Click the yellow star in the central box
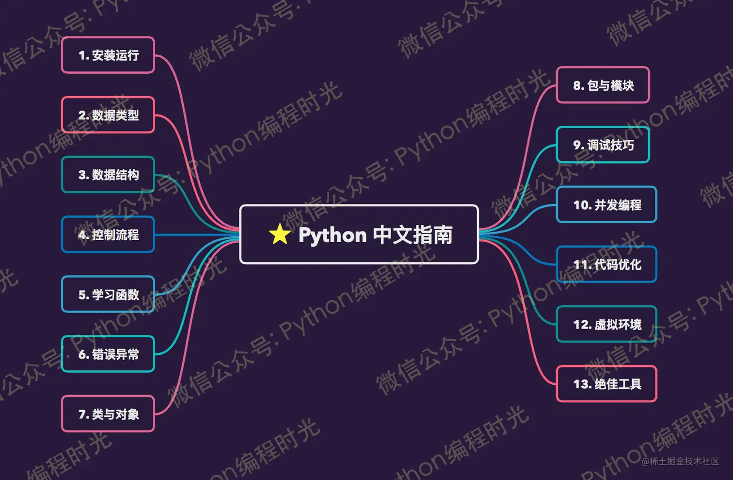pos(280,234)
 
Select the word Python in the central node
pos(332,235)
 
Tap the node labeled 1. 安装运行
pos(108,55)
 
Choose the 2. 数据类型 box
pos(108,115)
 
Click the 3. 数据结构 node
pos(108,175)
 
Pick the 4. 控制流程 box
pos(108,235)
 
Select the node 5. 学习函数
pos(108,295)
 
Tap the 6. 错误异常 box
pos(108,354)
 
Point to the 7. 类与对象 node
pos(108,414)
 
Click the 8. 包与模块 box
pos(603,85)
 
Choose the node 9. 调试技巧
pos(603,145)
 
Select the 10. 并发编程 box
pos(606,205)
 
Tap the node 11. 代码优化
pos(606,265)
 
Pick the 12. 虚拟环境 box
pos(606,324)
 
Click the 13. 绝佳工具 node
pos(606,384)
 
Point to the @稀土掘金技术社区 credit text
pos(680,462)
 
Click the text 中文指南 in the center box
pos(413,235)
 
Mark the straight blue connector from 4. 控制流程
pos(196,235)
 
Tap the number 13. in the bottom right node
pos(582,384)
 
